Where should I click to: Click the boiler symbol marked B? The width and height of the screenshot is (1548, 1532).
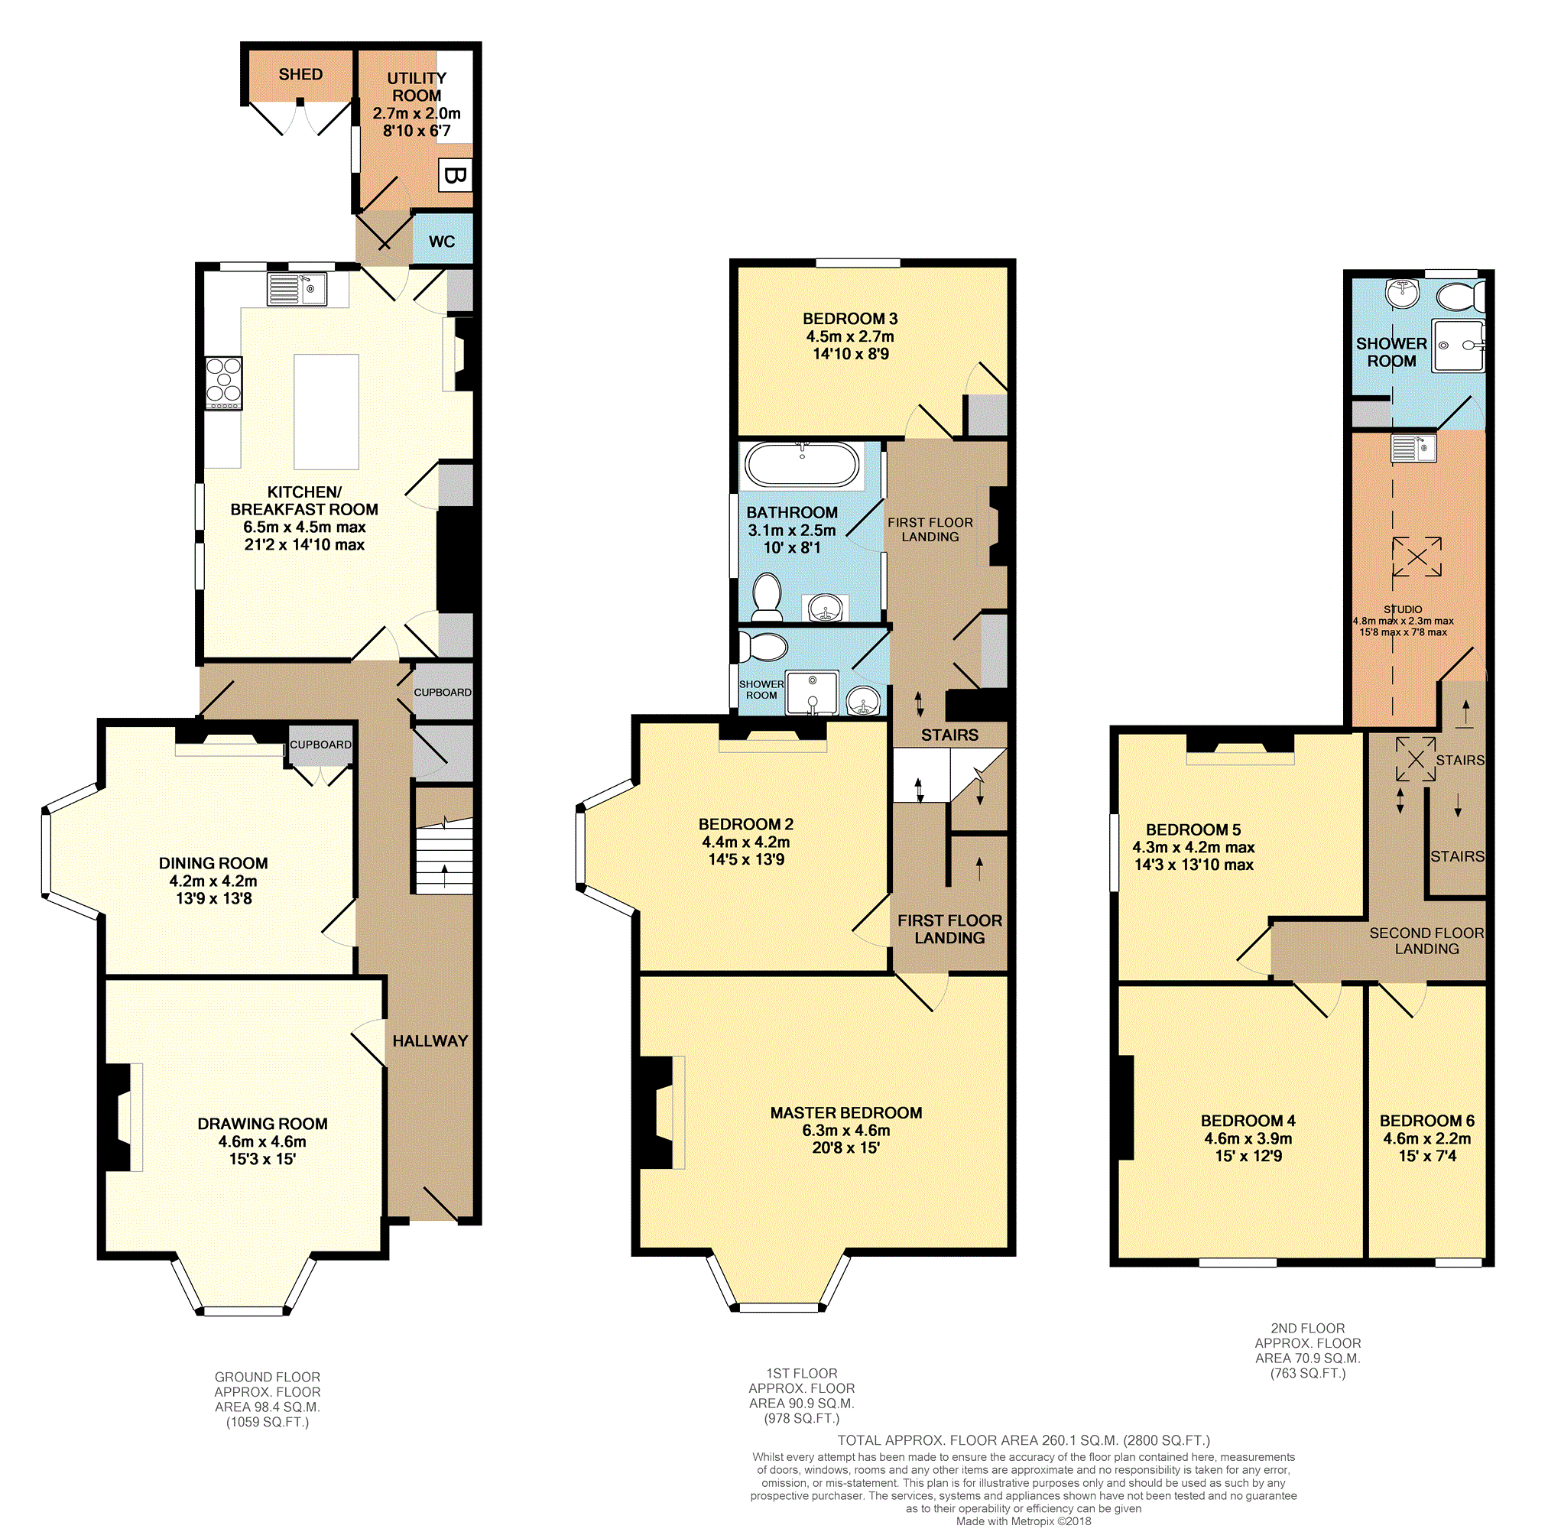click(x=454, y=174)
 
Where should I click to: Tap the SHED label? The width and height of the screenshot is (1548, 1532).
click(x=300, y=74)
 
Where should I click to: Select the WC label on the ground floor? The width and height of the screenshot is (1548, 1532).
click(x=442, y=241)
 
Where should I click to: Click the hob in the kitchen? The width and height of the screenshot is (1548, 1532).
click(x=223, y=381)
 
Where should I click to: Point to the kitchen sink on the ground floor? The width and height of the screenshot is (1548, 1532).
click(x=297, y=289)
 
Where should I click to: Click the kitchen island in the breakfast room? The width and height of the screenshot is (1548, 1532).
click(x=326, y=411)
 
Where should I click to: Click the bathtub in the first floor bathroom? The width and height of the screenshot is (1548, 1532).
click(x=801, y=464)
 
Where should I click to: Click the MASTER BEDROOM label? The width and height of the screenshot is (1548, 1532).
click(x=845, y=1112)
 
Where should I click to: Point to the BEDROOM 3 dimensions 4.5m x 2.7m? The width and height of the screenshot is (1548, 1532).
click(x=849, y=336)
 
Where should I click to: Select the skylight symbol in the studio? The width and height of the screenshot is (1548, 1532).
click(x=1416, y=556)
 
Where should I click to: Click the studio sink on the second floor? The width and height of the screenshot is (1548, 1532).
click(x=1413, y=448)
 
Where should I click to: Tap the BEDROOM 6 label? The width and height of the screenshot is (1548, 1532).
click(x=1426, y=1120)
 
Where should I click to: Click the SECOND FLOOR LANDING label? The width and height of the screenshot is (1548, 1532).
click(x=1426, y=940)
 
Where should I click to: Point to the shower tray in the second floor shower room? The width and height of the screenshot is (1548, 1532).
click(x=1458, y=346)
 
